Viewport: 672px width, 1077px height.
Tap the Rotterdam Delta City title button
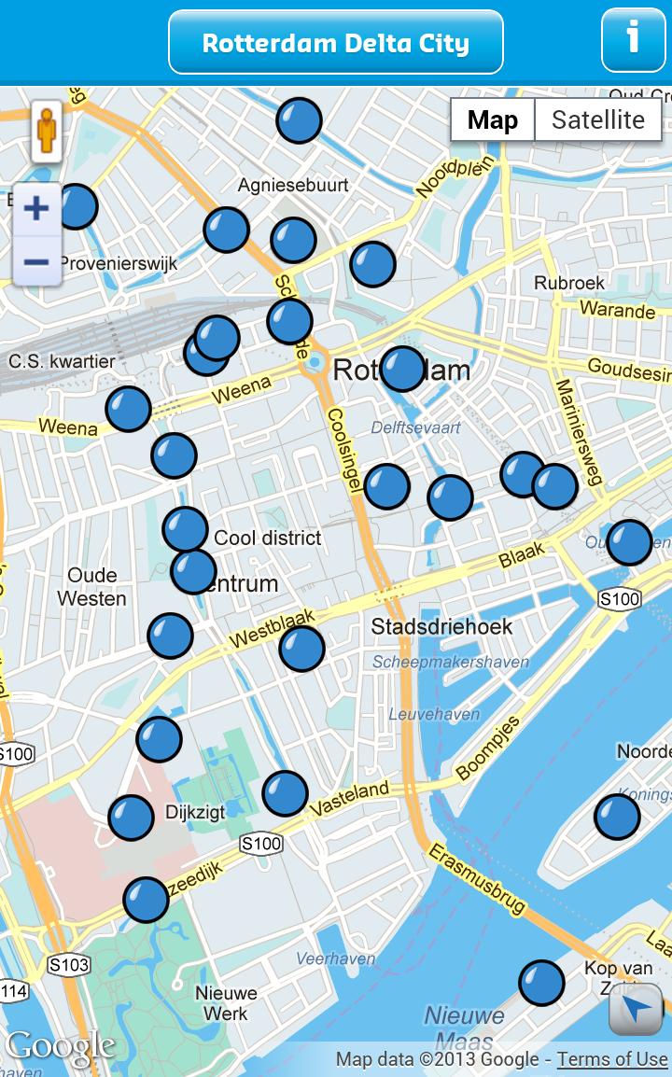336,43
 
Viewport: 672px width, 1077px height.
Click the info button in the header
633,40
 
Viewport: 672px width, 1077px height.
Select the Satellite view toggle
597,120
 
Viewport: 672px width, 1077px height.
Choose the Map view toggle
493,120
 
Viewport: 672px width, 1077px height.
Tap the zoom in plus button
36,207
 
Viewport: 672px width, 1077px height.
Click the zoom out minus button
36,262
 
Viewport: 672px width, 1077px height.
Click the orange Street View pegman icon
46,132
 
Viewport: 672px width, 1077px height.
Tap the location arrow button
636,1009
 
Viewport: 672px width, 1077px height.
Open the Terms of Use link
612,1059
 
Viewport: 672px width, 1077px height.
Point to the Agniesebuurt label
293,185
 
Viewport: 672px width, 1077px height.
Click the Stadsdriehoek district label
442,626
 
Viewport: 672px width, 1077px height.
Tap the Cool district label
268,538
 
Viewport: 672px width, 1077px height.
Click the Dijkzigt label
195,812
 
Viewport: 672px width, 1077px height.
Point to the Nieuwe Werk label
226,1003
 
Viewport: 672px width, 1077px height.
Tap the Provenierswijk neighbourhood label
119,264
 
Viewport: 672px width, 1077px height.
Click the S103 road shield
69,965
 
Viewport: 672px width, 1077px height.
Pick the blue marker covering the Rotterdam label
403,369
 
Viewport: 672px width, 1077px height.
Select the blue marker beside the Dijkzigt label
131,818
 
